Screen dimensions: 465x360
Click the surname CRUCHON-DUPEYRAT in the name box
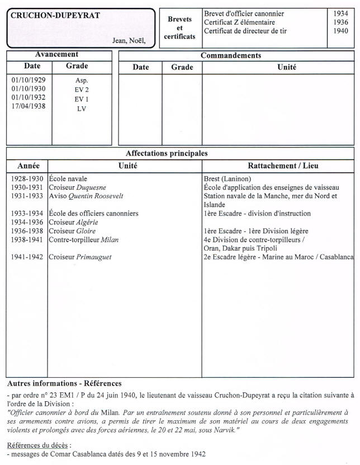tap(55, 16)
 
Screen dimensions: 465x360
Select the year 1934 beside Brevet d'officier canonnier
tap(340, 13)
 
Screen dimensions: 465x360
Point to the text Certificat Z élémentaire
tap(239, 22)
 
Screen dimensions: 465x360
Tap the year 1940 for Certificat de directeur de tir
tap(340, 31)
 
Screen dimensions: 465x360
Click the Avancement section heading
tap(56, 55)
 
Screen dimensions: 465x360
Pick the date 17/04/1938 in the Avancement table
tap(29, 106)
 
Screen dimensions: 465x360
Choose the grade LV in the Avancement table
tap(82, 109)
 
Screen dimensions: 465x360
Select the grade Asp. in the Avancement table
tap(82, 81)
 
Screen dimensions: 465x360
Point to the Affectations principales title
tap(167, 153)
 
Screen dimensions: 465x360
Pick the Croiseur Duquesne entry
tap(78, 187)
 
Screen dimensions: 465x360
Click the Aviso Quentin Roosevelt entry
tap(86, 196)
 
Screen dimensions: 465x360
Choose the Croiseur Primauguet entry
tap(79, 257)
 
